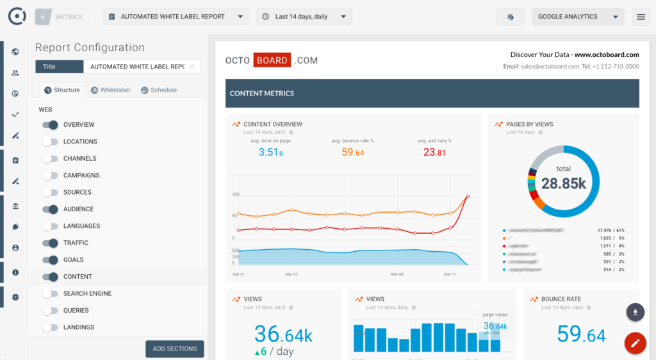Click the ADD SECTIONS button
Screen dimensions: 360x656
pos(175,348)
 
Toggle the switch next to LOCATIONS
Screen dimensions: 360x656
pos(50,142)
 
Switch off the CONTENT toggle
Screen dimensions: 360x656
pos(50,277)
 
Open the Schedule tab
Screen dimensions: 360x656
pos(159,90)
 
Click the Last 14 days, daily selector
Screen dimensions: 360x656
pos(304,17)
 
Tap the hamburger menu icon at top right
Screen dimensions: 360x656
pos(641,17)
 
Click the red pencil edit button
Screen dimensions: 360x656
pos(635,344)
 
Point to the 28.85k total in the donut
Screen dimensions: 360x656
pos(564,183)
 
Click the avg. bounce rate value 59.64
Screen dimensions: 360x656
pos(353,152)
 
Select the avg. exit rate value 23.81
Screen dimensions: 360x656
pos(434,152)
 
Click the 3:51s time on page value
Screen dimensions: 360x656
pos(270,152)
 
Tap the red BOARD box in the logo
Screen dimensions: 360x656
pos(272,60)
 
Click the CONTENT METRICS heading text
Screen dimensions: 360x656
pos(262,94)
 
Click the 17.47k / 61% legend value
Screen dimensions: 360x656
pos(611,230)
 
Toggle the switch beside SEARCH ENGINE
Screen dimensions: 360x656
pos(50,293)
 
